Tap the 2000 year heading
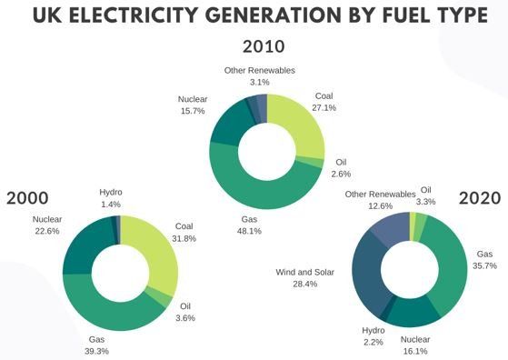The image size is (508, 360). coord(27,198)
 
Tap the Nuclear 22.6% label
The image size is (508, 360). coord(46,225)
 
